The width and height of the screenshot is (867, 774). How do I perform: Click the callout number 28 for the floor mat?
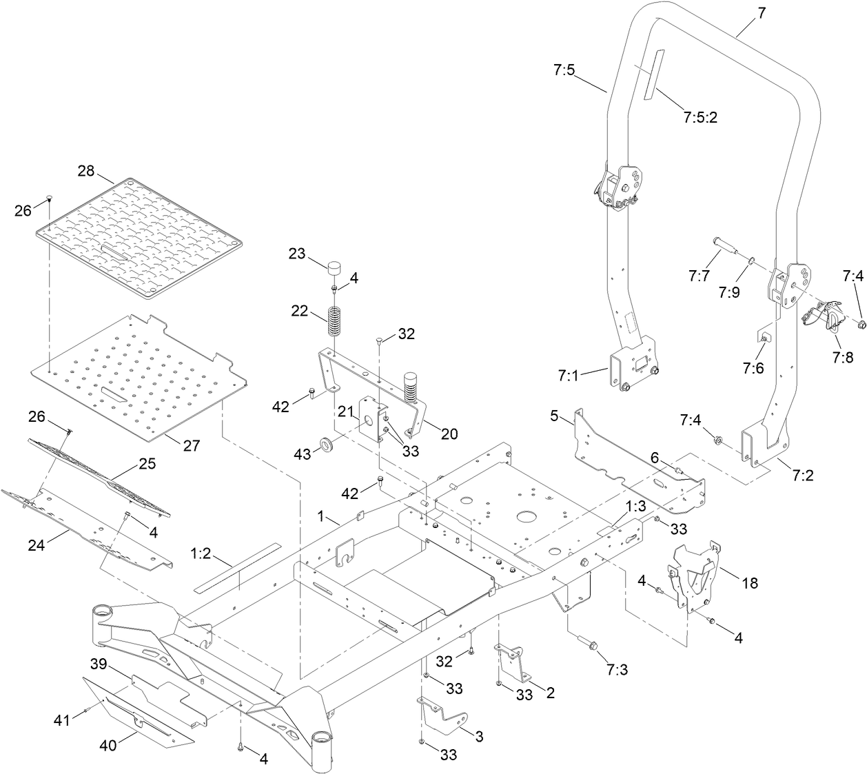pyautogui.click(x=85, y=171)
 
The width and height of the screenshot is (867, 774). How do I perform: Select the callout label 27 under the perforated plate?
pyautogui.click(x=191, y=446)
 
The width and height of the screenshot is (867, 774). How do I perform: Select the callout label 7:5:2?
pyautogui.click(x=700, y=117)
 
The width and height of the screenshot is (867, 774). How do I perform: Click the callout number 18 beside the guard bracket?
pyautogui.click(x=749, y=582)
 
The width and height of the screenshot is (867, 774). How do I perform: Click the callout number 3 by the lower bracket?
pyautogui.click(x=479, y=737)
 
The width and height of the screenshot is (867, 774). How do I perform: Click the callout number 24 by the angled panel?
pyautogui.click(x=36, y=544)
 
